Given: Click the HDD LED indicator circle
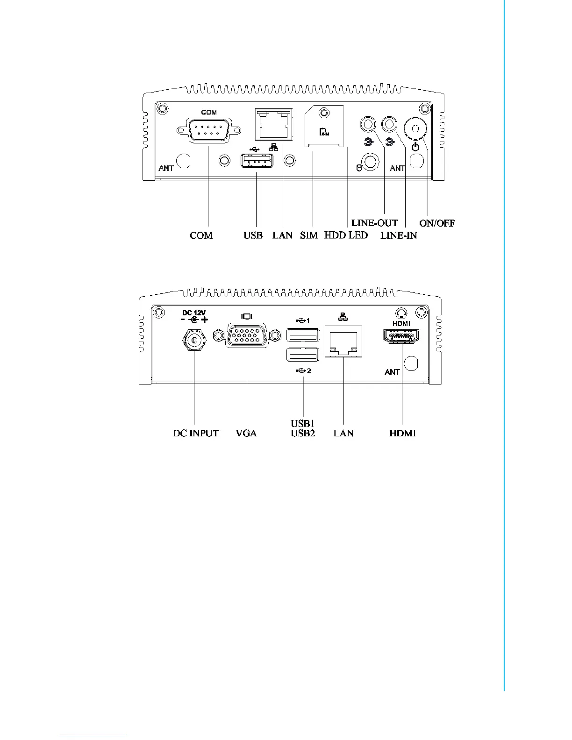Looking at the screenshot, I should (x=371, y=162).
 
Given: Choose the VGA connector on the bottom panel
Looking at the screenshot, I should (x=247, y=335).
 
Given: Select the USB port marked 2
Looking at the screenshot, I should (x=303, y=355).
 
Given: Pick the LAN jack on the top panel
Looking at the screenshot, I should (x=274, y=124).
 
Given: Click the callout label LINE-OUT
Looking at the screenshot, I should (x=374, y=223).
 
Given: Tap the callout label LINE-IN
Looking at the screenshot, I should (x=399, y=235).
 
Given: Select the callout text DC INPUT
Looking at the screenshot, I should (x=196, y=433).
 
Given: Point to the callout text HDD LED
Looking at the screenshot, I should (x=346, y=235).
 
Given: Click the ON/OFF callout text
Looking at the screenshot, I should (x=437, y=223).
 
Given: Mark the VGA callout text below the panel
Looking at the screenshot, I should (x=246, y=433).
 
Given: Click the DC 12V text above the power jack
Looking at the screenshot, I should (x=194, y=313).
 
